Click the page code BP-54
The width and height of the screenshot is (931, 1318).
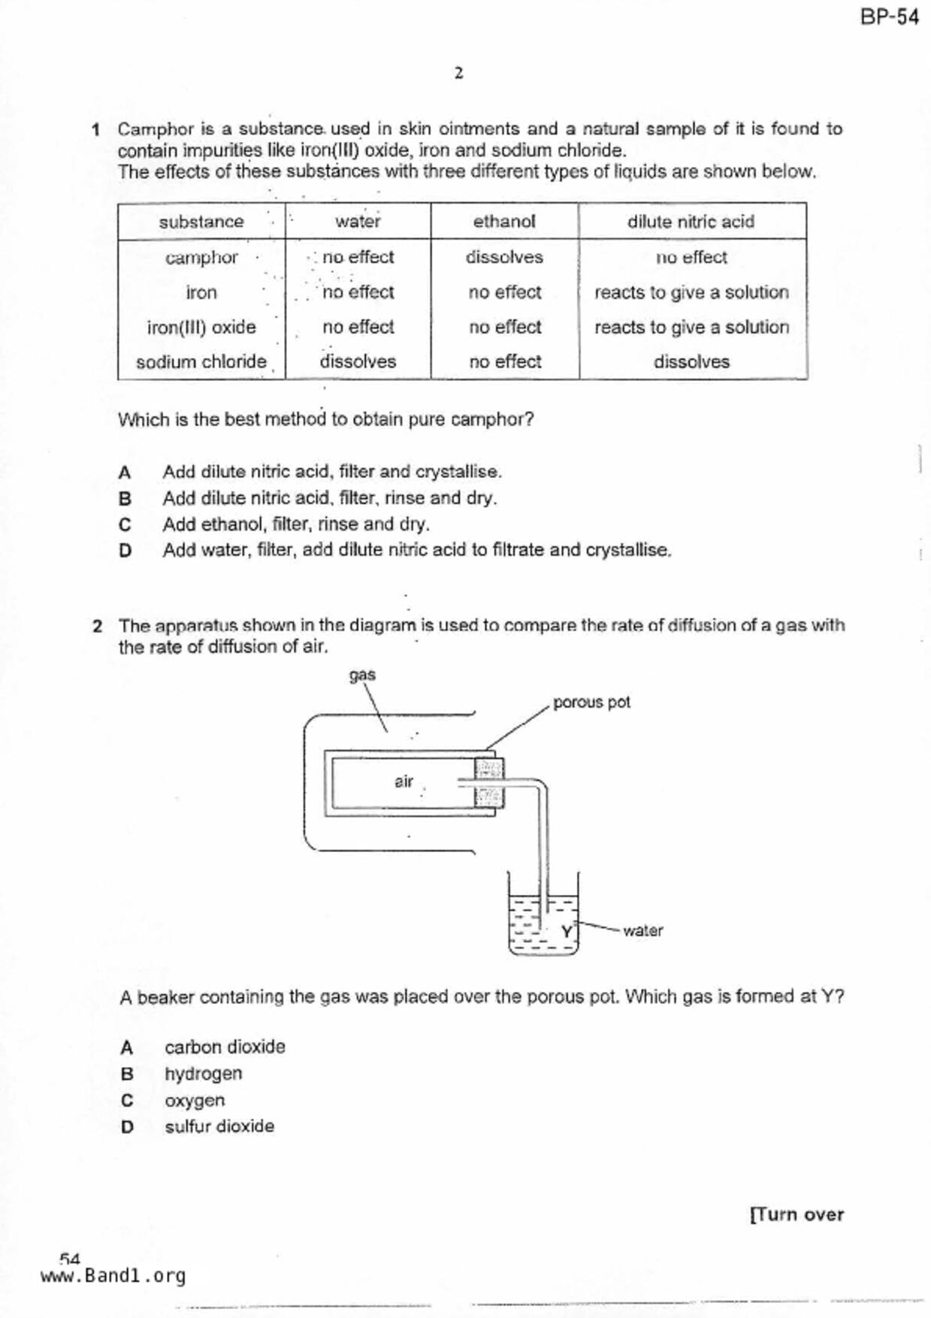(x=889, y=17)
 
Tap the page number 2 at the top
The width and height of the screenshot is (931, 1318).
(x=458, y=73)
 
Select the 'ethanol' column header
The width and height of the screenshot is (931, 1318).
(x=504, y=221)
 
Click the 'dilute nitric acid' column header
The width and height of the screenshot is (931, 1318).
(x=691, y=221)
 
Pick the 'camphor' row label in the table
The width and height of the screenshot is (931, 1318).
(x=201, y=257)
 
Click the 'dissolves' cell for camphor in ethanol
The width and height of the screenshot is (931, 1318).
(x=503, y=257)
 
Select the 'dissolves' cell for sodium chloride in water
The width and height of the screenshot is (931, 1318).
(x=358, y=361)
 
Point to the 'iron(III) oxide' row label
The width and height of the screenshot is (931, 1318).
(x=201, y=328)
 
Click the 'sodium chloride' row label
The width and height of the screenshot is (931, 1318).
(x=201, y=362)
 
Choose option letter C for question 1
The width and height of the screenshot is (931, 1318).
(x=125, y=524)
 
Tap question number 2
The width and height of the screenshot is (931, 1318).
(x=97, y=626)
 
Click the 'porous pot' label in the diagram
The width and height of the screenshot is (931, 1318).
(x=591, y=702)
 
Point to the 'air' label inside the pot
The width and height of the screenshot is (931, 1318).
(x=404, y=781)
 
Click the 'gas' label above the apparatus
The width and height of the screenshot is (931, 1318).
(x=362, y=675)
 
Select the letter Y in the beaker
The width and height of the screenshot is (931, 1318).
(x=567, y=932)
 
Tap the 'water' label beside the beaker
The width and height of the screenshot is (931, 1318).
(x=642, y=930)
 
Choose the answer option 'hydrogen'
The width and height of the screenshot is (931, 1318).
(x=204, y=1074)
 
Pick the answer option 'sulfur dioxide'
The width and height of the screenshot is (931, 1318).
(x=219, y=1126)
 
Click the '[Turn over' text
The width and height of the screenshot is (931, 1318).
(x=796, y=1214)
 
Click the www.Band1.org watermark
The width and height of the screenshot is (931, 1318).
(x=113, y=1276)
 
